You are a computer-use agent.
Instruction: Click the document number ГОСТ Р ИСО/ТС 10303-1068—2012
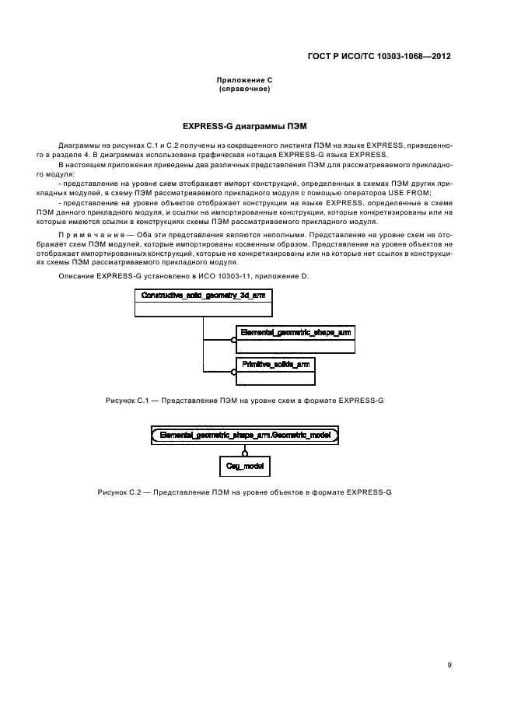(x=379, y=57)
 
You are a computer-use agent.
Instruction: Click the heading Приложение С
(x=244, y=80)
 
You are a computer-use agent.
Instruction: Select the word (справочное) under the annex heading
(x=244, y=89)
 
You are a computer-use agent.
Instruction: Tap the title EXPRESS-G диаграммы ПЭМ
(x=244, y=126)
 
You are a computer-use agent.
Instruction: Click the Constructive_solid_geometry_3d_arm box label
(x=204, y=296)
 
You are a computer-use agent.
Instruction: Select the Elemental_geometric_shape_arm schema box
(x=295, y=339)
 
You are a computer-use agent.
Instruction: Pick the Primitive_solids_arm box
(x=275, y=371)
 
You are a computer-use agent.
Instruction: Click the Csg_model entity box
(x=245, y=466)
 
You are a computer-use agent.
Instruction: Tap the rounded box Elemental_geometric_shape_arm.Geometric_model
(x=245, y=436)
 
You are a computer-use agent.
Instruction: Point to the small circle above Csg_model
(x=245, y=453)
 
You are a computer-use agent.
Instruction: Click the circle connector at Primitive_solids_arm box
(x=233, y=372)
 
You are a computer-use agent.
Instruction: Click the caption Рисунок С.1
(x=127, y=401)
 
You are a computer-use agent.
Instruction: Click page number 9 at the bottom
(x=449, y=665)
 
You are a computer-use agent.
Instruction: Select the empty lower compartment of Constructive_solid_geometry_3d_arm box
(x=204, y=310)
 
